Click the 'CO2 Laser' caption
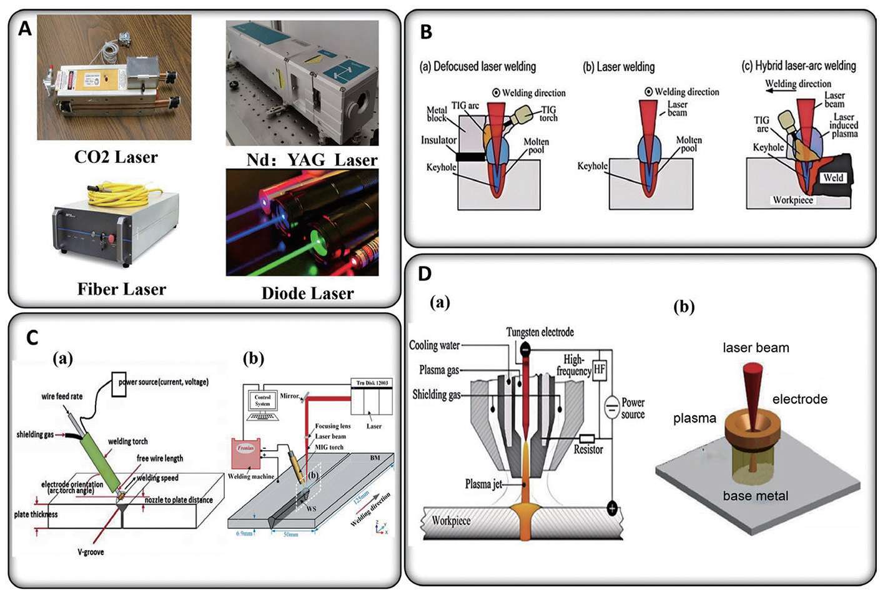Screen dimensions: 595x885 (116, 157)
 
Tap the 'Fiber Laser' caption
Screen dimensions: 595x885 (122, 289)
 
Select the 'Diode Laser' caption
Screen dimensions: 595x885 (307, 293)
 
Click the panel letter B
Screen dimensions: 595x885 (426, 32)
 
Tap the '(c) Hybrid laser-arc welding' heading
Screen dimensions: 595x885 (798, 66)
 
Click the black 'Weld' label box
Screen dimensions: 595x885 (833, 177)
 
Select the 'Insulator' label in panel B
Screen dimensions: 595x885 (438, 140)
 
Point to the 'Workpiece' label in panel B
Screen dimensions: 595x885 (793, 200)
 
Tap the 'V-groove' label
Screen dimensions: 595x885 (91, 552)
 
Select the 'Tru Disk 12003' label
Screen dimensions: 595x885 (373, 383)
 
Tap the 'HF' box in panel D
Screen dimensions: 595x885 (600, 370)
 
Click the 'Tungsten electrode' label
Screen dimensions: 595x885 (540, 332)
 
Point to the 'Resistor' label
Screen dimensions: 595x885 (588, 450)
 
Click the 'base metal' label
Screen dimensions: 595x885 (755, 496)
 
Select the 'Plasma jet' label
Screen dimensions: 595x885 (483, 484)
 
